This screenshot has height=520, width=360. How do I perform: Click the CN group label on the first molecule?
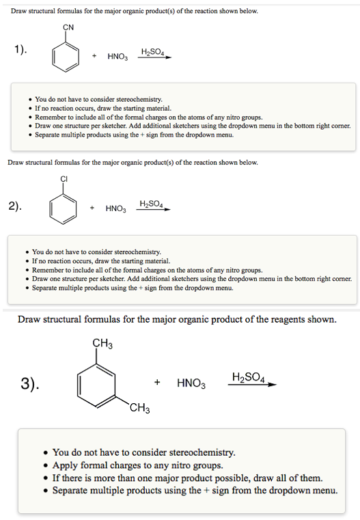68,28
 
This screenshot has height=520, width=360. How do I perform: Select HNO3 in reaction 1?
117,57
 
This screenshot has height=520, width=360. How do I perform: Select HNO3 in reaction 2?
115,208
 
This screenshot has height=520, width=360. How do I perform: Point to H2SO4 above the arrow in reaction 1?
152,52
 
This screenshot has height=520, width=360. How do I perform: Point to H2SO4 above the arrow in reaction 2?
151,204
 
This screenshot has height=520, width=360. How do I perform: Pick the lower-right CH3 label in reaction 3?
139,410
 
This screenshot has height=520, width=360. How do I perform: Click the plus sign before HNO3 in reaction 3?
158,383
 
